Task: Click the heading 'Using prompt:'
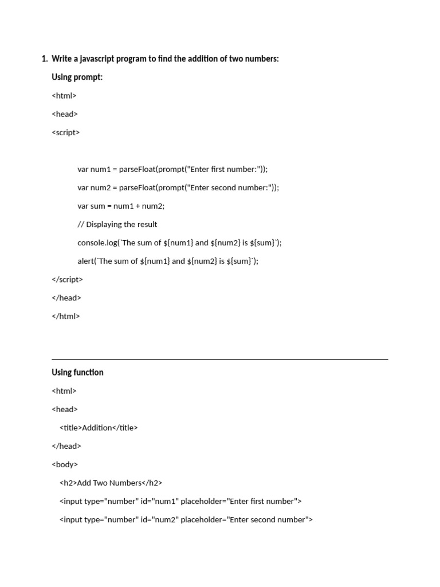click(x=77, y=77)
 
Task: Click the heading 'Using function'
click(x=77, y=373)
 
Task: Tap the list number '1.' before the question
click(x=44, y=58)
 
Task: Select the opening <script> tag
click(x=65, y=132)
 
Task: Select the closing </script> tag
click(x=67, y=279)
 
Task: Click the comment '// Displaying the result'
click(x=117, y=224)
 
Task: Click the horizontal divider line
click(x=219, y=359)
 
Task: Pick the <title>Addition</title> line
click(x=99, y=428)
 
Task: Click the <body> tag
click(x=65, y=464)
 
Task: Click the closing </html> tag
click(x=65, y=316)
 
